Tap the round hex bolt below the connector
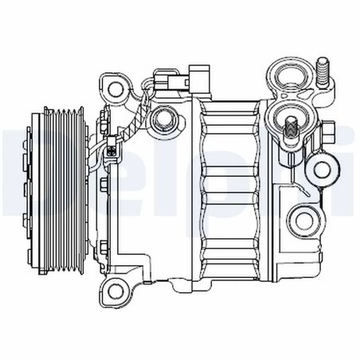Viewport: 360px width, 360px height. [x=166, y=119]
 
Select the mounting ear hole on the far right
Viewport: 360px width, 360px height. [x=323, y=168]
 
